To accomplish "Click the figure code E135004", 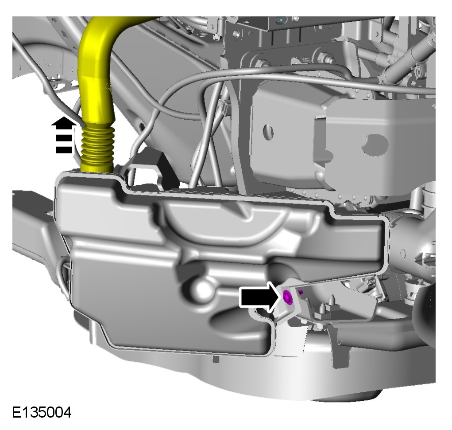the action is (42, 412).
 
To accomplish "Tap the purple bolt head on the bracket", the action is (287, 297).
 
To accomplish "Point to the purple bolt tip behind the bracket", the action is (301, 293).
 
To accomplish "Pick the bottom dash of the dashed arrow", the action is (64, 150).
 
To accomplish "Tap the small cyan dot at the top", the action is (281, 20).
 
